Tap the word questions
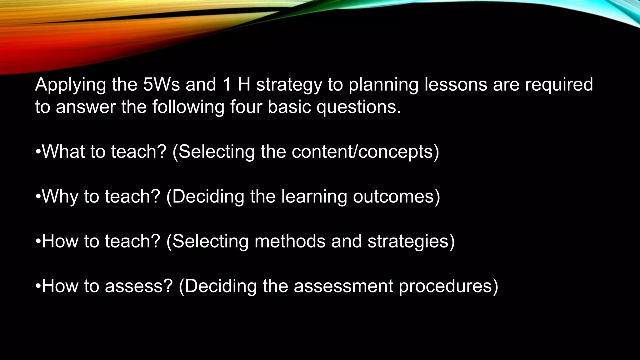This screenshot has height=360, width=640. click(358, 107)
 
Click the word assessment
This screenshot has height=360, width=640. click(343, 286)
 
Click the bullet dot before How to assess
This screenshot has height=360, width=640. click(38, 286)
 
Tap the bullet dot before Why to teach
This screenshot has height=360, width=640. click(38, 197)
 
